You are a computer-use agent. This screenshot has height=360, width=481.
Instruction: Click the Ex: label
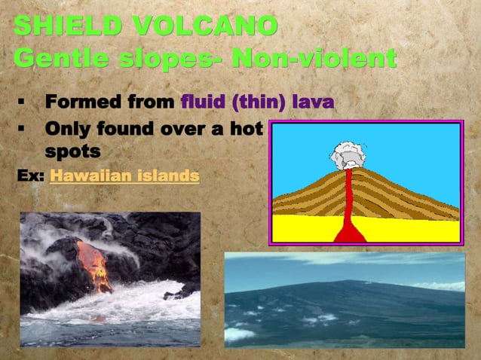click(30, 176)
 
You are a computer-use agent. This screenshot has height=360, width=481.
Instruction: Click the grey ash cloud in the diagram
click(347, 154)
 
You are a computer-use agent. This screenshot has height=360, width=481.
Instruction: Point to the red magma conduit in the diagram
click(348, 203)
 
